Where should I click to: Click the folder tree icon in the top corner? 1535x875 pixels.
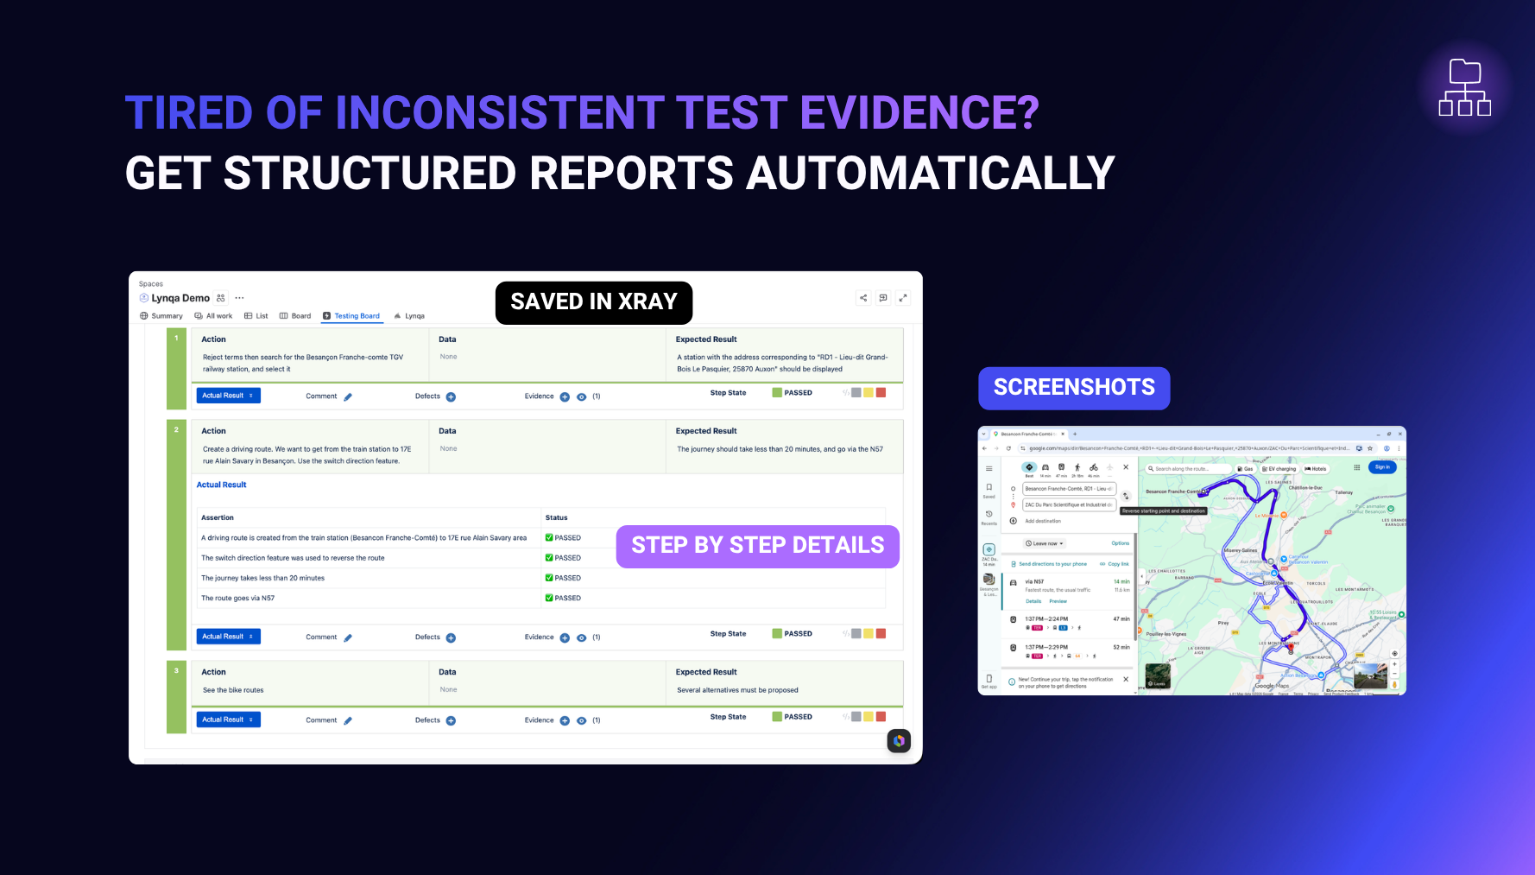[1464, 87]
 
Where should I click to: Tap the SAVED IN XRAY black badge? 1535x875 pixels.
[594, 302]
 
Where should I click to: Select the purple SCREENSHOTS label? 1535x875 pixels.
[1073, 388]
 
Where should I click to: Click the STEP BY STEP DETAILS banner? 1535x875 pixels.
[757, 546]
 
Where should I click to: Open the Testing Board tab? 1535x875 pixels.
[352, 316]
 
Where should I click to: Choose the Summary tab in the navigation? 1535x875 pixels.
[161, 316]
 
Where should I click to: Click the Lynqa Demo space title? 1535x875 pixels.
[180, 298]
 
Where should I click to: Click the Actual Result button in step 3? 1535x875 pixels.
[228, 720]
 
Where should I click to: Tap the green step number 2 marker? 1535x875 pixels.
[176, 430]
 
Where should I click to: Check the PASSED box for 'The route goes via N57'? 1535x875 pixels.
[549, 598]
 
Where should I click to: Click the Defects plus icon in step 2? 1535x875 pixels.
[451, 637]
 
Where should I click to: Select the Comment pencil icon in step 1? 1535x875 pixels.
[348, 397]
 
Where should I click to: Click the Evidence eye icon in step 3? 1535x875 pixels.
[582, 720]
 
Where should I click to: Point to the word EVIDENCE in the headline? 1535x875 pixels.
[919, 113]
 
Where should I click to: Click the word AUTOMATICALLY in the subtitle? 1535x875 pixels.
[931, 174]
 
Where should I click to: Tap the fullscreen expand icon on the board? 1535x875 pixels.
[903, 298]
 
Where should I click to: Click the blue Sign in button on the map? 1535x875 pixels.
[1382, 467]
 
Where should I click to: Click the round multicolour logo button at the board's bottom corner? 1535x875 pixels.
[899, 741]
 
